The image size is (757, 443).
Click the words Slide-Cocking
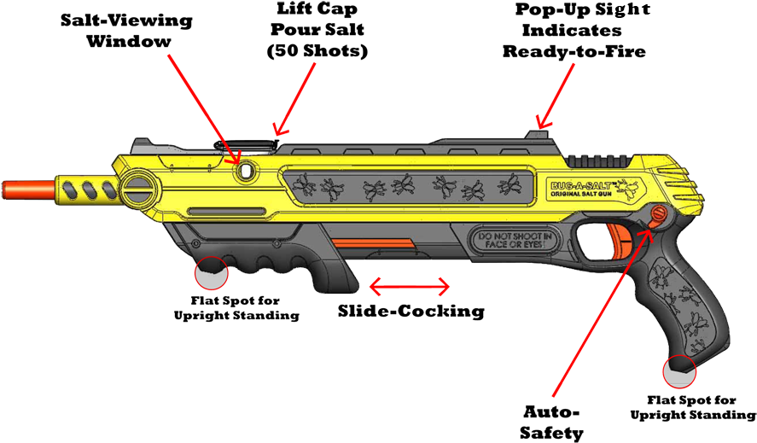pos(411,312)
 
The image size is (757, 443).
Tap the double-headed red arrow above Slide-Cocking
pos(409,286)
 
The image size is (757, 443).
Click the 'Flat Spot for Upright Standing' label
pos(236,308)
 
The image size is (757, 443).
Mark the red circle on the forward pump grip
pos(212,272)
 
